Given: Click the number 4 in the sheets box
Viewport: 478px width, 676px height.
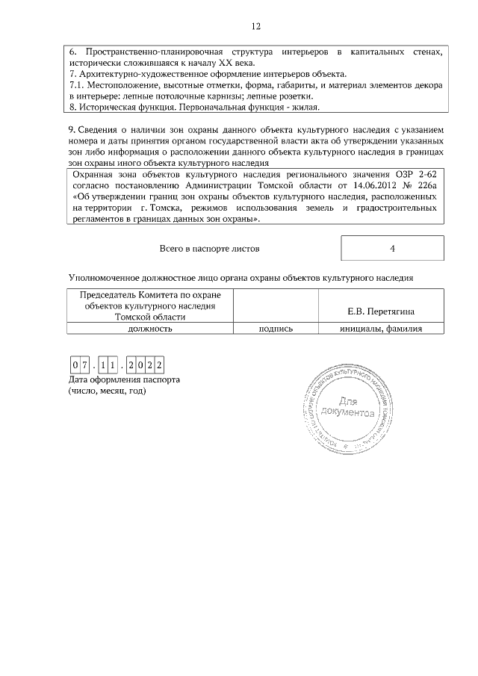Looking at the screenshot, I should click(392, 248).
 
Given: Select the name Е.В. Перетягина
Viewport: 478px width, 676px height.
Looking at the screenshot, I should click(381, 311).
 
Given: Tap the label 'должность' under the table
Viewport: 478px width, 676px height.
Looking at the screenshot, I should click(151, 328).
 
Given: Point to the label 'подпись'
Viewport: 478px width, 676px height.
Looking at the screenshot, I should click(275, 328).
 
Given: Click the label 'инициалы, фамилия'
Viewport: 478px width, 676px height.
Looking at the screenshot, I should click(381, 328).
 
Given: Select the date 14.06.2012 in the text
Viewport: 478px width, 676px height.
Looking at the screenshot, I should click(354, 184).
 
